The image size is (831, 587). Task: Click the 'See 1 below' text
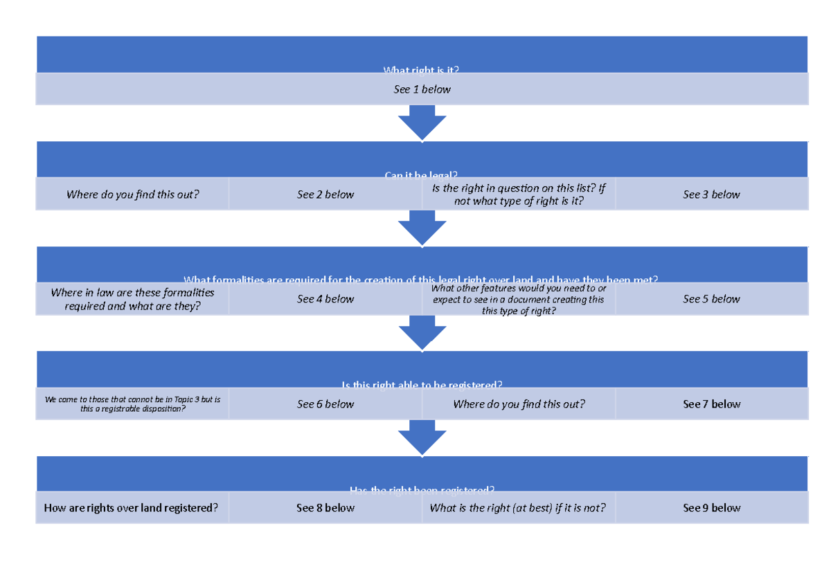click(x=422, y=89)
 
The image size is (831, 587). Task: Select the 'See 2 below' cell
click(x=325, y=195)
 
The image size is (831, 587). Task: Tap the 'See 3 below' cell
click(x=711, y=195)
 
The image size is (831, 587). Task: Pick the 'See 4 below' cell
click(x=325, y=299)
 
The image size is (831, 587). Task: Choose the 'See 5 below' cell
click(x=711, y=299)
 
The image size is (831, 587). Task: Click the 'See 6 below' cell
click(x=325, y=404)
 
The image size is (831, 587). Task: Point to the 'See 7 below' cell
click(x=711, y=404)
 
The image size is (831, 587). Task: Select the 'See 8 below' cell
click(x=325, y=508)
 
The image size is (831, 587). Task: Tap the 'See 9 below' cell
click(x=711, y=508)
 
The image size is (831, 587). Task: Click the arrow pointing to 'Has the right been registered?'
click(x=422, y=437)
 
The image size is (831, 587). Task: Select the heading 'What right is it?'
click(x=422, y=69)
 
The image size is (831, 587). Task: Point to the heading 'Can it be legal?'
click(x=422, y=174)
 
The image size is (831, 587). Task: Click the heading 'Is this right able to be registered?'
click(x=422, y=384)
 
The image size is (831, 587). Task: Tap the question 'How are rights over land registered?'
click(x=132, y=508)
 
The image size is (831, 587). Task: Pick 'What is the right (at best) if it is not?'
click(x=518, y=508)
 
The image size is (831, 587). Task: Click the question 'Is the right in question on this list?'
click(x=518, y=195)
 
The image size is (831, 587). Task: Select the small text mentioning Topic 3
click(x=132, y=404)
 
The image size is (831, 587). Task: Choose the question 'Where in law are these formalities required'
click(x=132, y=299)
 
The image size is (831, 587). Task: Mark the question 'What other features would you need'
click(x=518, y=299)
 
